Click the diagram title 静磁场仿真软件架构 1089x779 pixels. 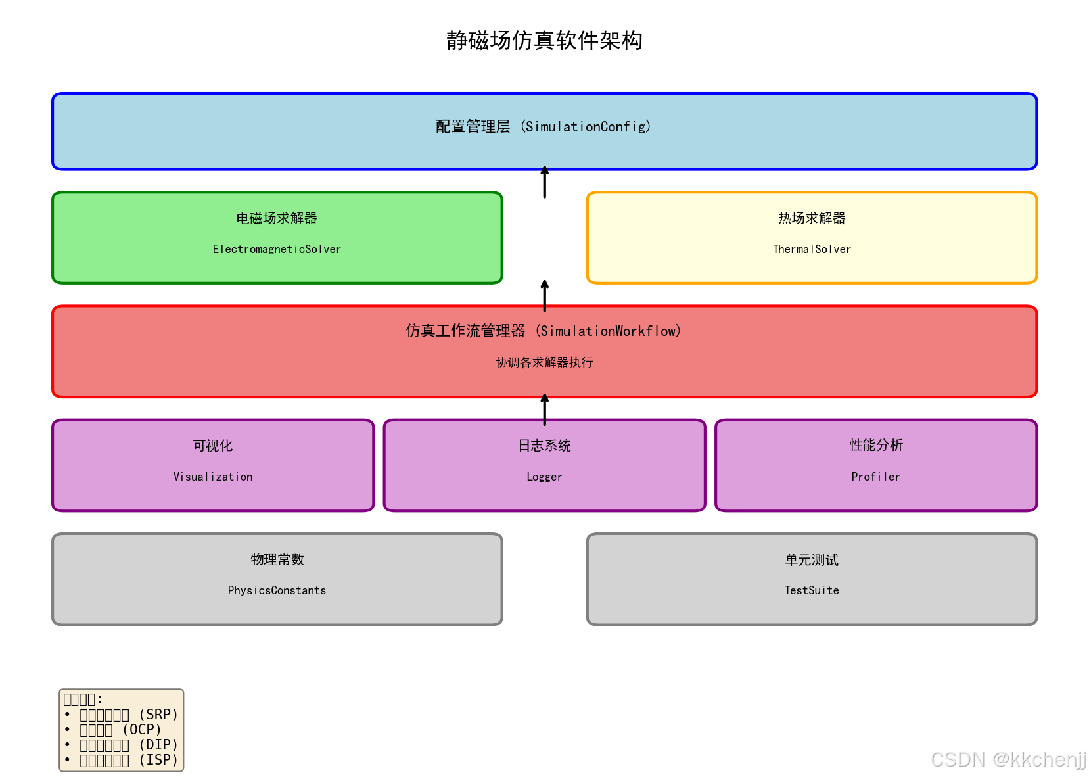pyautogui.click(x=544, y=41)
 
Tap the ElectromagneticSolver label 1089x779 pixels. pyautogui.click(x=277, y=249)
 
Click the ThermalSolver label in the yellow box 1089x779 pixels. pyautogui.click(x=812, y=249)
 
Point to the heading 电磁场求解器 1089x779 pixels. pyautogui.click(x=277, y=218)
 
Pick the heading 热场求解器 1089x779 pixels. pyautogui.click(x=812, y=218)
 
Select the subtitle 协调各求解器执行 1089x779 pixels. pyautogui.click(x=544, y=362)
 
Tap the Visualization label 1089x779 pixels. pyautogui.click(x=213, y=477)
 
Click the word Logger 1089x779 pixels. pyautogui.click(x=544, y=477)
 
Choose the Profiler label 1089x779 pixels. pyautogui.click(x=875, y=477)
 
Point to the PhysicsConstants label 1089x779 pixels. pyautogui.click(x=277, y=590)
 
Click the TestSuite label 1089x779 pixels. pyautogui.click(x=812, y=590)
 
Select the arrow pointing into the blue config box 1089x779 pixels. pyautogui.click(x=544, y=182)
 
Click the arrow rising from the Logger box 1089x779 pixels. pyautogui.click(x=544, y=409)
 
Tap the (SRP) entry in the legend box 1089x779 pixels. pyautogui.click(x=158, y=715)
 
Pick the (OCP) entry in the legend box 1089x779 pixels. pyautogui.click(x=142, y=730)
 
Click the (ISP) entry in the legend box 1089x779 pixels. pyautogui.click(x=158, y=760)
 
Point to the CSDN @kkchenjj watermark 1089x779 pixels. pyautogui.click(x=1008, y=759)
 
